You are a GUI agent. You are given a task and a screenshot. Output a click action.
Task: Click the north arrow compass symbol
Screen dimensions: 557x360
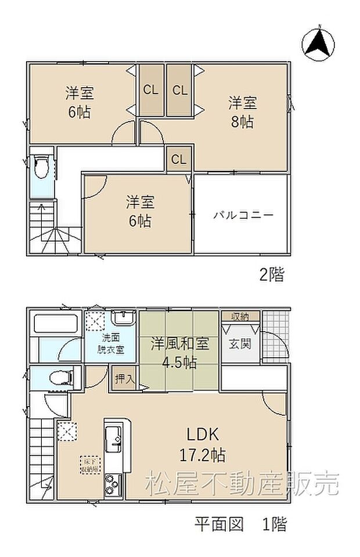pos(318,42)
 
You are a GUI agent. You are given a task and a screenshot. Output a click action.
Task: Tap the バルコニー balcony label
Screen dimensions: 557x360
pos(243,214)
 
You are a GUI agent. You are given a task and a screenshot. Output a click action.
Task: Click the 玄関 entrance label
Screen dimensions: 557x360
pos(240,344)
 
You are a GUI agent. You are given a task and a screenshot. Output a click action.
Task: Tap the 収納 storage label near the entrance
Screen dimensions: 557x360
pos(240,317)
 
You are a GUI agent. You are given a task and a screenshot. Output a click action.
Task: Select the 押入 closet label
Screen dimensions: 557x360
pos(124,379)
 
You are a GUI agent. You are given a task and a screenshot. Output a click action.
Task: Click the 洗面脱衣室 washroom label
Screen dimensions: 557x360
pos(110,345)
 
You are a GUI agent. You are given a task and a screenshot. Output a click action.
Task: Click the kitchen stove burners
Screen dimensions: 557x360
pos(112,483)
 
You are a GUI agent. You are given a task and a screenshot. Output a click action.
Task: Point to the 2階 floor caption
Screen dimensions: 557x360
pos(271,274)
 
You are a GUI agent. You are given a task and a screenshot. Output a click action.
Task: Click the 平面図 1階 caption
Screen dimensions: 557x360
pos(240,524)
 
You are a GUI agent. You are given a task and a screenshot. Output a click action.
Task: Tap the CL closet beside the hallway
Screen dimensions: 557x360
pos(179,159)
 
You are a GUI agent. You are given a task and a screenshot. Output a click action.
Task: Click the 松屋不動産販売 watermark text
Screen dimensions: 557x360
pos(242,484)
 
